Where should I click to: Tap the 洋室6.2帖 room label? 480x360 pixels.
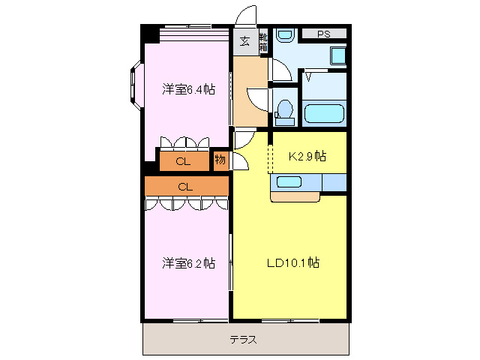189,263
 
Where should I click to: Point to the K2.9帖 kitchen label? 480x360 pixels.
307,156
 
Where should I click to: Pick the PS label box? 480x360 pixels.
323,34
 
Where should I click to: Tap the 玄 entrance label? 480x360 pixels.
245,41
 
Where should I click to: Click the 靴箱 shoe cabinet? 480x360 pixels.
263,42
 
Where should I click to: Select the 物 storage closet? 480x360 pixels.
220,160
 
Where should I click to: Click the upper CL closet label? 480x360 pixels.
183,161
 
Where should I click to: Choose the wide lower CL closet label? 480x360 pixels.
186,186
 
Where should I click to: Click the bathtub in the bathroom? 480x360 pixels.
324,115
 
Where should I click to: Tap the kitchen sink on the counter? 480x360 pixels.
289,181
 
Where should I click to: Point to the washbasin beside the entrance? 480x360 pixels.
283,36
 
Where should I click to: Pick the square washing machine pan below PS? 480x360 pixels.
337,55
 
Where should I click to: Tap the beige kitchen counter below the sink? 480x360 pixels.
295,196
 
